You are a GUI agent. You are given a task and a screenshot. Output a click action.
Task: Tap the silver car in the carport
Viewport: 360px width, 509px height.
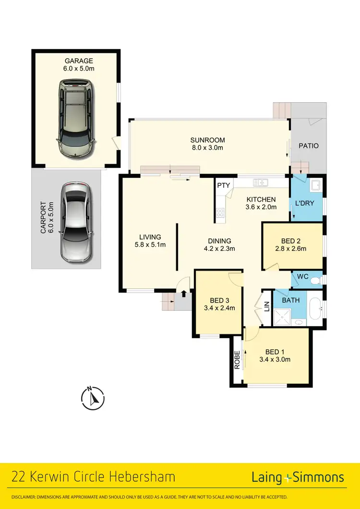pyautogui.click(x=76, y=222)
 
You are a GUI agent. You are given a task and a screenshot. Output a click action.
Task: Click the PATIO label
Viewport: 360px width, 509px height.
pyautogui.click(x=309, y=146)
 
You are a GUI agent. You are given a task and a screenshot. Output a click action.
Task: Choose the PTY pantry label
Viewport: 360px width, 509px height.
pyautogui.click(x=223, y=185)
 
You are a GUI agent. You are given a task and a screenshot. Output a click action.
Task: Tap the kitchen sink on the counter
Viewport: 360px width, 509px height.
pyautogui.click(x=260, y=182)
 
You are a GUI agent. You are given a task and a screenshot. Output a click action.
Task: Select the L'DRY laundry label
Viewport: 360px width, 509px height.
pyautogui.click(x=304, y=203)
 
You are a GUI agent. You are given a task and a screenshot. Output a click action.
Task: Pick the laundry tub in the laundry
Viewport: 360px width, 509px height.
pyautogui.click(x=316, y=185)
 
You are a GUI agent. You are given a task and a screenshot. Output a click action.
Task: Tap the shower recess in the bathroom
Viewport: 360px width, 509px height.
pyautogui.click(x=282, y=317)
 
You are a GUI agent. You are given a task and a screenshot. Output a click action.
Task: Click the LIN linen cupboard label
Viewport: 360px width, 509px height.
pyautogui.click(x=267, y=306)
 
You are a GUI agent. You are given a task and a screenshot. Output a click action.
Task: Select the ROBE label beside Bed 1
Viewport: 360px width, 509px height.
pyautogui.click(x=237, y=359)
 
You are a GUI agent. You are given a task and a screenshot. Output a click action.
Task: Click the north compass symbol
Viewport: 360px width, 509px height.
pyautogui.click(x=93, y=398)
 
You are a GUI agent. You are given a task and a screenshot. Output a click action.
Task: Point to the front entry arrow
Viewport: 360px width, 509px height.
pyautogui.click(x=183, y=294)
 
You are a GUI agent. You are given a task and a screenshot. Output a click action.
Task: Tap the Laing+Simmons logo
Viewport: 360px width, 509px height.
pyautogui.click(x=298, y=477)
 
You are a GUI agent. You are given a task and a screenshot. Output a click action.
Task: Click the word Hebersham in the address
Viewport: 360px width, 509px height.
pyautogui.click(x=142, y=477)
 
